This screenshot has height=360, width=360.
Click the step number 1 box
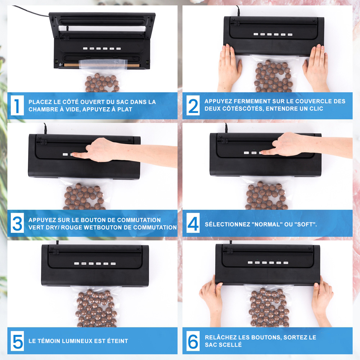click(x=17, y=105)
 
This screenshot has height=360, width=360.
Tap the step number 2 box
click(x=193, y=105)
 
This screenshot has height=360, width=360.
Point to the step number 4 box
click(x=193, y=223)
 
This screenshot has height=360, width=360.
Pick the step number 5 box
click(x=17, y=341)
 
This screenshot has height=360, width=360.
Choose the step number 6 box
click(x=193, y=341)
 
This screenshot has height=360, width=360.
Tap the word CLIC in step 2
click(x=316, y=109)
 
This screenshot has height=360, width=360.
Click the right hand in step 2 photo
click(x=316, y=68)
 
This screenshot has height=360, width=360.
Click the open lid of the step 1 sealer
click(x=102, y=23)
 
